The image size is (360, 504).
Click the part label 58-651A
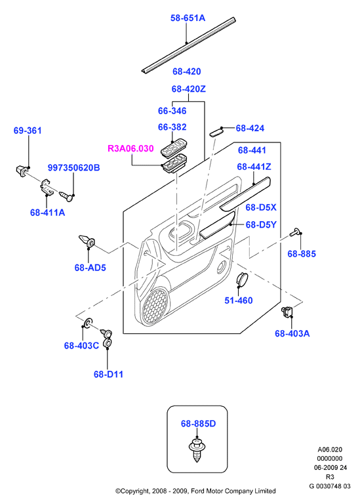tap(188, 18)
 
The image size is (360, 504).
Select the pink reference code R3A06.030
tap(130, 148)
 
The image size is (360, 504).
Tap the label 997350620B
tap(74, 167)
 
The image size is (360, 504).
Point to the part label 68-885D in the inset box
tap(198, 424)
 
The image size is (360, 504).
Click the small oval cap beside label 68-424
tap(216, 132)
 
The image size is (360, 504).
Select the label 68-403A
tap(292, 333)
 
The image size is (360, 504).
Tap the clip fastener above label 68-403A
tap(287, 311)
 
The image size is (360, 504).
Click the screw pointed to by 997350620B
tap(66, 196)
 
